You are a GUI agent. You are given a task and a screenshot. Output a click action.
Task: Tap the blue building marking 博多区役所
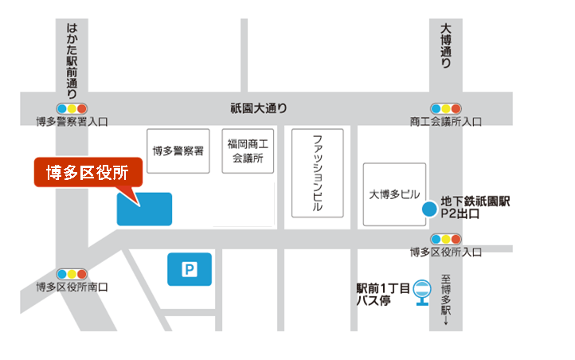click(x=144, y=209)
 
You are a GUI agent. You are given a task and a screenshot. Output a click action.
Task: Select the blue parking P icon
click(x=190, y=269)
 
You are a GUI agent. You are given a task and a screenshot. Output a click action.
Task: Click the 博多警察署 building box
click(x=179, y=151)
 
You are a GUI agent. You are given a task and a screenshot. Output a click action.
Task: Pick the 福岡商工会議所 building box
click(x=248, y=151)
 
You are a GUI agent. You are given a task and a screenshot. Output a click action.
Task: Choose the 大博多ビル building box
click(x=394, y=194)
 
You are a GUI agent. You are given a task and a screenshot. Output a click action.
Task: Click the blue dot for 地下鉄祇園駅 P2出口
click(x=428, y=209)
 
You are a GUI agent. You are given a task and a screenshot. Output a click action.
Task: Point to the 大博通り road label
click(x=445, y=46)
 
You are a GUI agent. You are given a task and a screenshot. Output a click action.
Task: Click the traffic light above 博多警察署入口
click(x=72, y=108)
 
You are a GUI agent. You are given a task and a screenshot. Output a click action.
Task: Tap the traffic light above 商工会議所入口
click(x=446, y=108)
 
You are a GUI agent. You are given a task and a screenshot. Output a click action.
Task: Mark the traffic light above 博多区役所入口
click(x=446, y=238)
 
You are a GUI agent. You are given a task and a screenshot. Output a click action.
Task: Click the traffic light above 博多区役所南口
click(x=72, y=273)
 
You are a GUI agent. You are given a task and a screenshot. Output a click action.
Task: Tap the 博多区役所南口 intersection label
click(x=72, y=287)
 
